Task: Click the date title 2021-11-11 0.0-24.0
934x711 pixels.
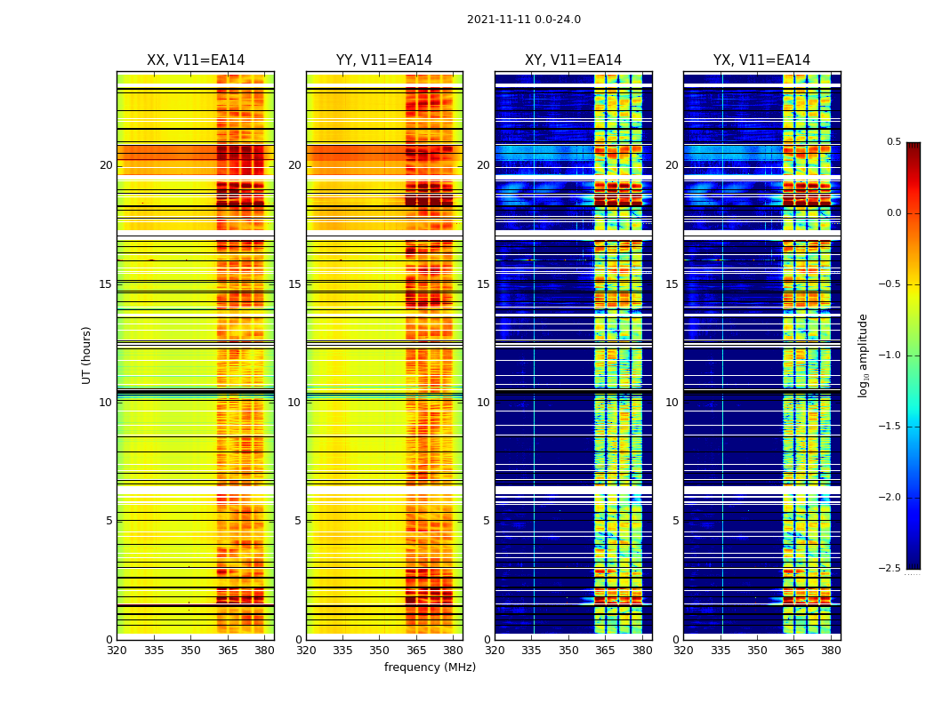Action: pyautogui.click(x=523, y=20)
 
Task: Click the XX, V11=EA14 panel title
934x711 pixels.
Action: pyautogui.click(x=196, y=60)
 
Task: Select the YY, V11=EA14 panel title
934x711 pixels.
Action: pyautogui.click(x=384, y=60)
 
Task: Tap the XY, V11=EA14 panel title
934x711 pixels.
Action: pyautogui.click(x=573, y=60)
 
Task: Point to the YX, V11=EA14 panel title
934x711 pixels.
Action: pyautogui.click(x=761, y=60)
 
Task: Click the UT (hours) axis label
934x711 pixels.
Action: pyautogui.click(x=87, y=355)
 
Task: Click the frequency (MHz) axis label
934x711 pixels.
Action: pyautogui.click(x=430, y=667)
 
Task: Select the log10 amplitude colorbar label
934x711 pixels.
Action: pyautogui.click(x=863, y=355)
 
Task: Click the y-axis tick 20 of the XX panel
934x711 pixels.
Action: pyautogui.click(x=106, y=165)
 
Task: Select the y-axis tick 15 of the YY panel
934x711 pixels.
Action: pyautogui.click(x=294, y=284)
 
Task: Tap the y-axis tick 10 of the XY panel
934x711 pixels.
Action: pyautogui.click(x=483, y=403)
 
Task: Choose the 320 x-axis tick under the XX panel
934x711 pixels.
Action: pyautogui.click(x=117, y=650)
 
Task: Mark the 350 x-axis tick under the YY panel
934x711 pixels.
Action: pyautogui.click(x=380, y=650)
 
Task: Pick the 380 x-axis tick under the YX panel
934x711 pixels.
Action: pyautogui.click(x=831, y=650)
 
